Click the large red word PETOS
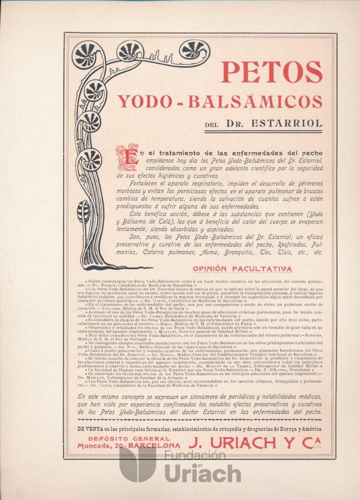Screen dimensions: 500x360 point(272,72)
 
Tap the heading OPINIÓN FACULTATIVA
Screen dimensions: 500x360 point(242,269)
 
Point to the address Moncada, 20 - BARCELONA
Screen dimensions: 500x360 point(128,446)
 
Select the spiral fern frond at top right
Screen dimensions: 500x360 point(194,50)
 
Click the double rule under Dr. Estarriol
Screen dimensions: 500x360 point(263,131)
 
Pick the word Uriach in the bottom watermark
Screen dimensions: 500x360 point(202,473)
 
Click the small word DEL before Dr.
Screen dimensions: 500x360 point(212,125)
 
